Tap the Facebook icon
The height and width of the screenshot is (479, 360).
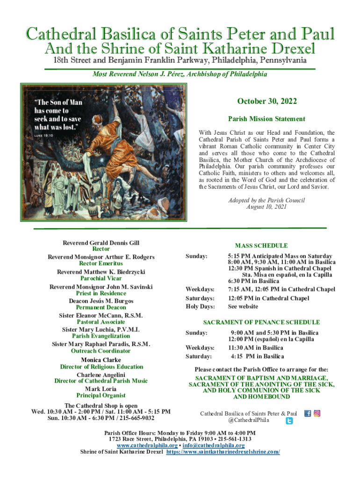pos(308,414)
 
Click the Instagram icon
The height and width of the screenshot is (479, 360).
pos(317,414)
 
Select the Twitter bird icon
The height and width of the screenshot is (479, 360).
pos(289,421)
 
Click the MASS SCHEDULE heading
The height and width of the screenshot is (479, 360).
pos(261,246)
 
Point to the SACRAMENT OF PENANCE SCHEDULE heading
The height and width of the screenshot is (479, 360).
pos(261,322)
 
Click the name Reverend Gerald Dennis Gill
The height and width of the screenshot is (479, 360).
pos(101,243)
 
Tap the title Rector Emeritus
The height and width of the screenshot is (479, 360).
pos(101,263)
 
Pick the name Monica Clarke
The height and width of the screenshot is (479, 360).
pos(101,360)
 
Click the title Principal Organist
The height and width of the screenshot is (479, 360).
pos(101,396)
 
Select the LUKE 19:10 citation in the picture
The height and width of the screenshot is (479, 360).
pos(43,136)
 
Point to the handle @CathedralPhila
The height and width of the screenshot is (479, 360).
pos(249,421)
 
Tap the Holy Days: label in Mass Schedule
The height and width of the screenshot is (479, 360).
pos(200,306)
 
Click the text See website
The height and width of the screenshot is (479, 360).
pos(243,306)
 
